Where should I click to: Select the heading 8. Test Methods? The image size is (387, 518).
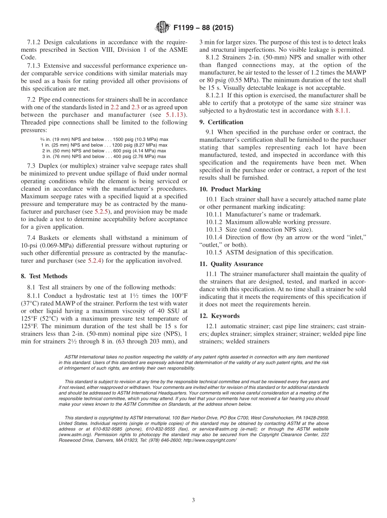(44, 276)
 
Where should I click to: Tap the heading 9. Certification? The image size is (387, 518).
(221, 122)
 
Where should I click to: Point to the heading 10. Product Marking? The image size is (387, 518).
(230, 189)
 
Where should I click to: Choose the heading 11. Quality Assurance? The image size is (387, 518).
(231, 264)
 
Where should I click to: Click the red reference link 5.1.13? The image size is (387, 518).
(175, 115)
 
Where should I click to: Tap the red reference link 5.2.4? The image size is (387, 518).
(97, 261)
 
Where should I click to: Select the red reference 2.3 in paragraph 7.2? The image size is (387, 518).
(136, 108)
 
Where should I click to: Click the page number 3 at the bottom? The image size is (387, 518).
(193, 500)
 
